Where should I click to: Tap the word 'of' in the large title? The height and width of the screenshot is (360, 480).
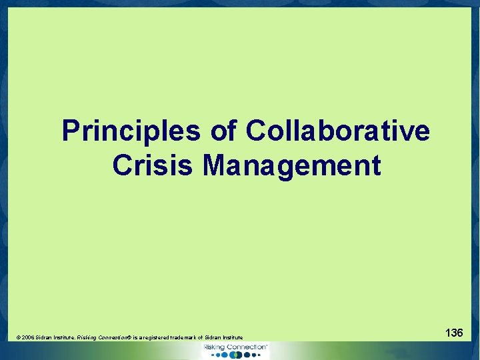[x=223, y=131]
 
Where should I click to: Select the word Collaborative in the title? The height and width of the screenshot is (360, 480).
[x=338, y=131]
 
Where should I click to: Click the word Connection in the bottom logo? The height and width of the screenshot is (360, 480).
[x=245, y=347]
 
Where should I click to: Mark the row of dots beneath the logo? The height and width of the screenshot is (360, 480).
[x=235, y=355]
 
